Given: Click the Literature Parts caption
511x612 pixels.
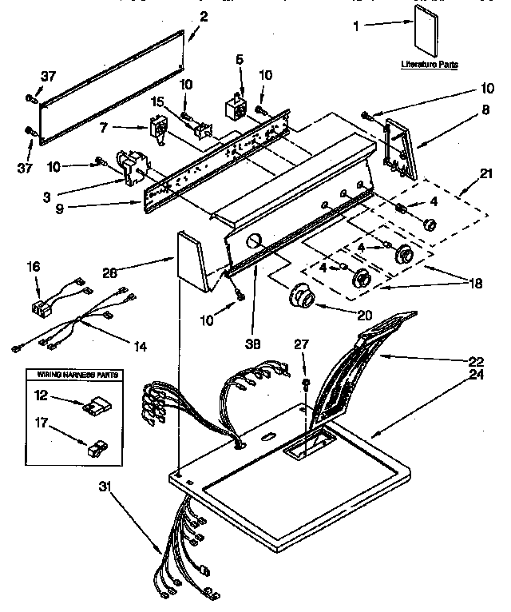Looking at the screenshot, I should coord(430,65).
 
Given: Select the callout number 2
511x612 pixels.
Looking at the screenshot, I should coord(204,17).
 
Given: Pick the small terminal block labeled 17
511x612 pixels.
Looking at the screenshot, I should coord(94,447).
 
